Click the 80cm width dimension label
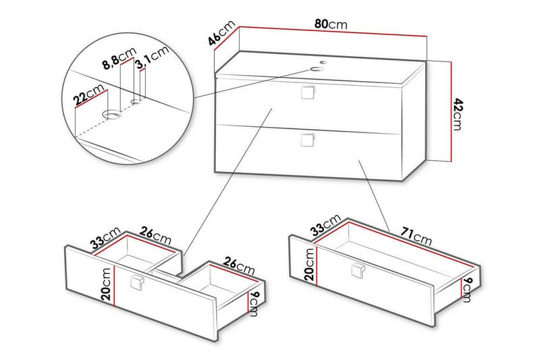(331, 24)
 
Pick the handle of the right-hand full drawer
(358, 270)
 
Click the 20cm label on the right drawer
(308, 263)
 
